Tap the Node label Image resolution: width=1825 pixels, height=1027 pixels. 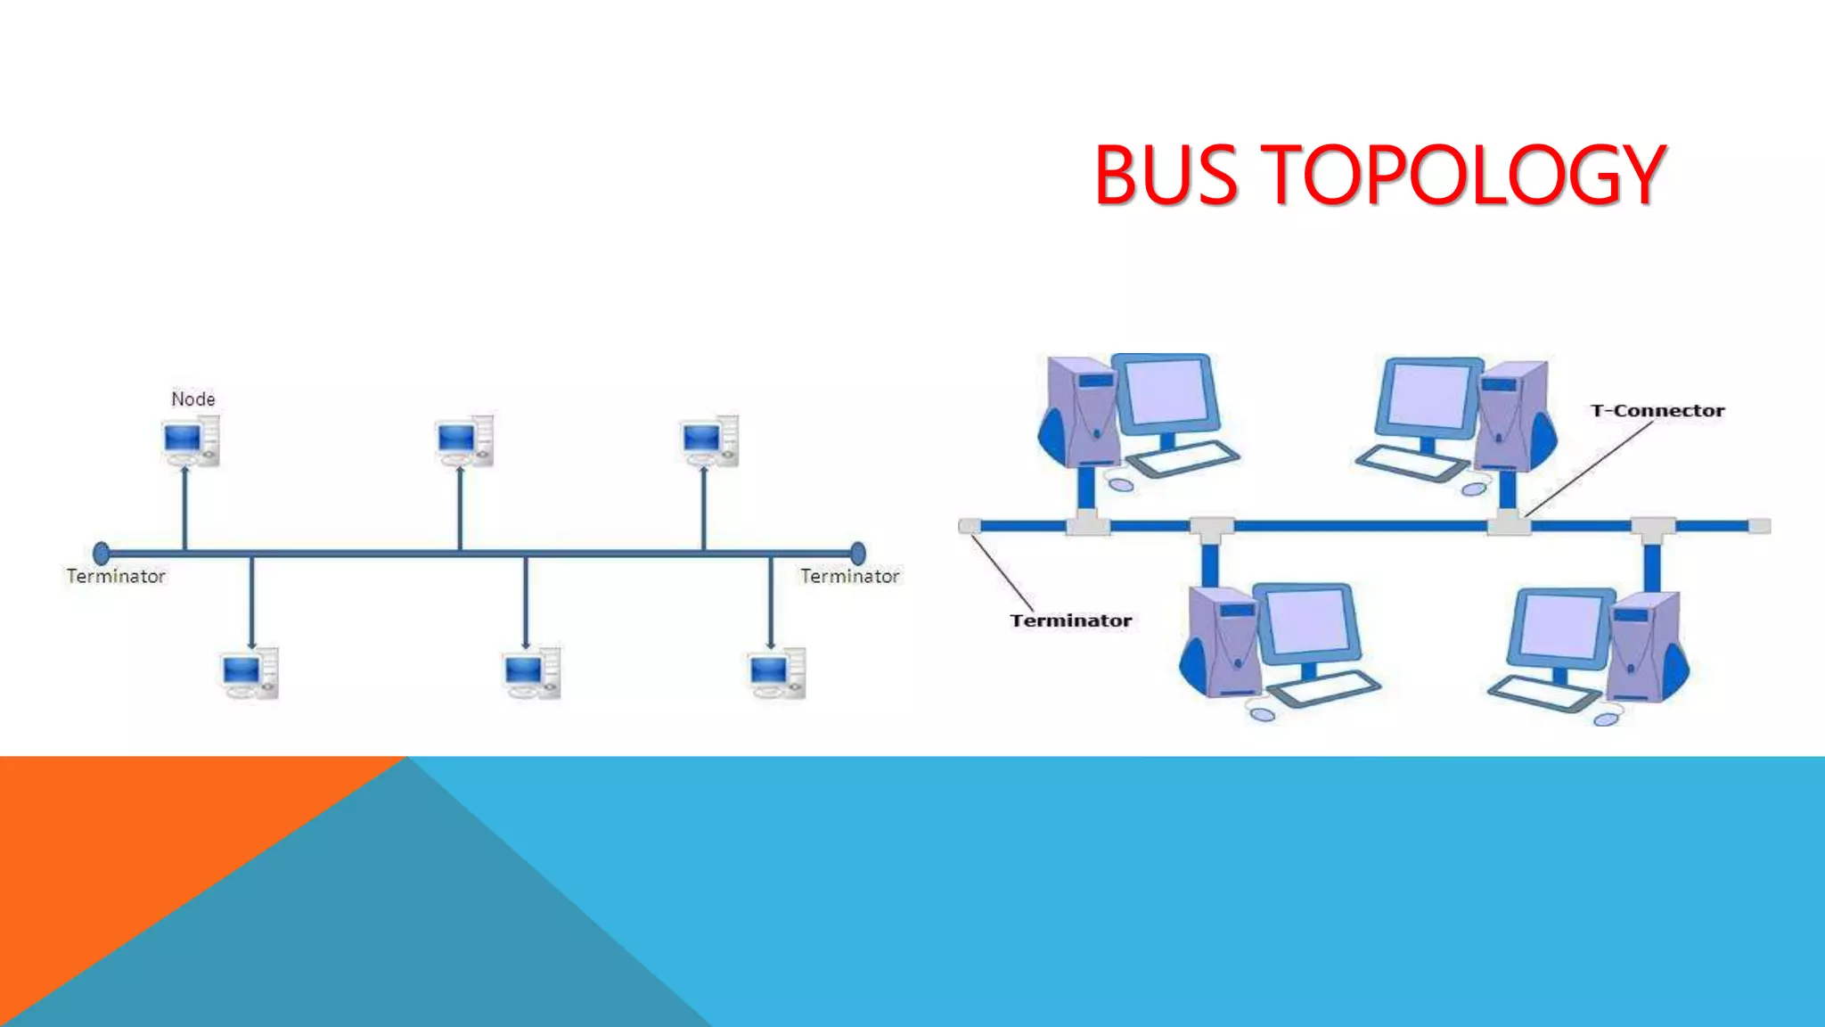point(193,398)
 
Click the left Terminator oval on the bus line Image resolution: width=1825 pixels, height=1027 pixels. point(102,554)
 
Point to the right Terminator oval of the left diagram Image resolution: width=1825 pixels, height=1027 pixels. point(857,554)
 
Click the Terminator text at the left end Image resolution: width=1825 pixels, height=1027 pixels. point(116,577)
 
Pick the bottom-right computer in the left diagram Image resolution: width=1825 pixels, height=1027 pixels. point(777,674)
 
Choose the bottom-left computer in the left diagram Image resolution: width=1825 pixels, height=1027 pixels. point(250,674)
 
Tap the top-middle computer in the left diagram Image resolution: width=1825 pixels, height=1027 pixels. point(464,440)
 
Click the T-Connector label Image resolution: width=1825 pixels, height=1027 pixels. point(1657,411)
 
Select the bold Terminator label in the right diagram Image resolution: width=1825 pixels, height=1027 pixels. point(1070,620)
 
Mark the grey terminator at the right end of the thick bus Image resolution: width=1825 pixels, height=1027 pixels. point(1760,526)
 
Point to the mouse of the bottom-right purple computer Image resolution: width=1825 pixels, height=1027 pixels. point(1607,718)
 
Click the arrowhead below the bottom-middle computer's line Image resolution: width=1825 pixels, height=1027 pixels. point(526,644)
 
